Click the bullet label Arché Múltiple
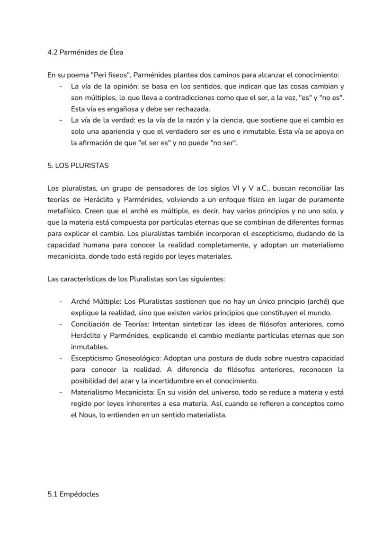[x=96, y=301]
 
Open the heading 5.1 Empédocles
[x=73, y=494]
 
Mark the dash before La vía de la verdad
[x=61, y=120]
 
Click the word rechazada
[x=193, y=109]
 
